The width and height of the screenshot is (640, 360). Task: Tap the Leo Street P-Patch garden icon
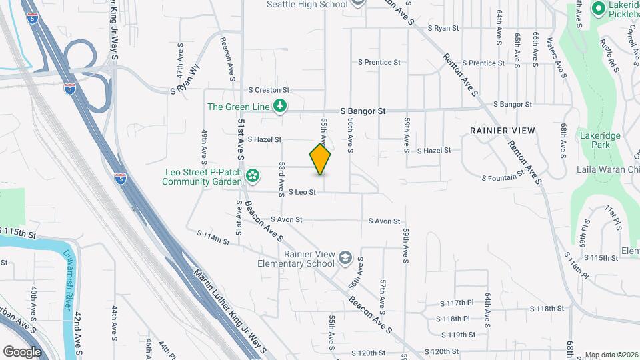253,175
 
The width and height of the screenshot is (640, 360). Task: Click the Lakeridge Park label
595,139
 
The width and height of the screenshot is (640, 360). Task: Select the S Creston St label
269,89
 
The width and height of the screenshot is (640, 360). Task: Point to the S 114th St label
213,237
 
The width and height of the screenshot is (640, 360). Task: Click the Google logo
22,351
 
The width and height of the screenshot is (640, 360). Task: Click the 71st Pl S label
612,218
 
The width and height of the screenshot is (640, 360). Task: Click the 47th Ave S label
178,69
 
